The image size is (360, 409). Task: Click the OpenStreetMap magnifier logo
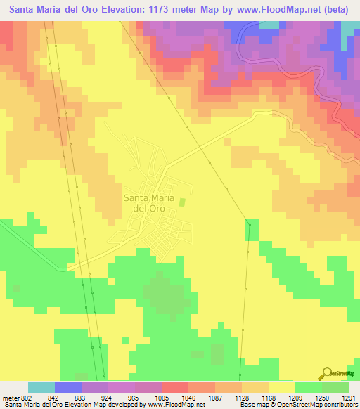328,373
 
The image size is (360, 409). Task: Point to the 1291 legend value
348,397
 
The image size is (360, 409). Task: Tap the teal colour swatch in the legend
41,387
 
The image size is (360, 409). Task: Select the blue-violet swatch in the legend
67,387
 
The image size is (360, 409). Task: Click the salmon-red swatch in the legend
174,387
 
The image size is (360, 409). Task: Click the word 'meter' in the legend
8,397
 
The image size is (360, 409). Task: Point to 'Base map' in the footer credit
252,405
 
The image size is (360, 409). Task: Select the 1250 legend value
321,397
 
